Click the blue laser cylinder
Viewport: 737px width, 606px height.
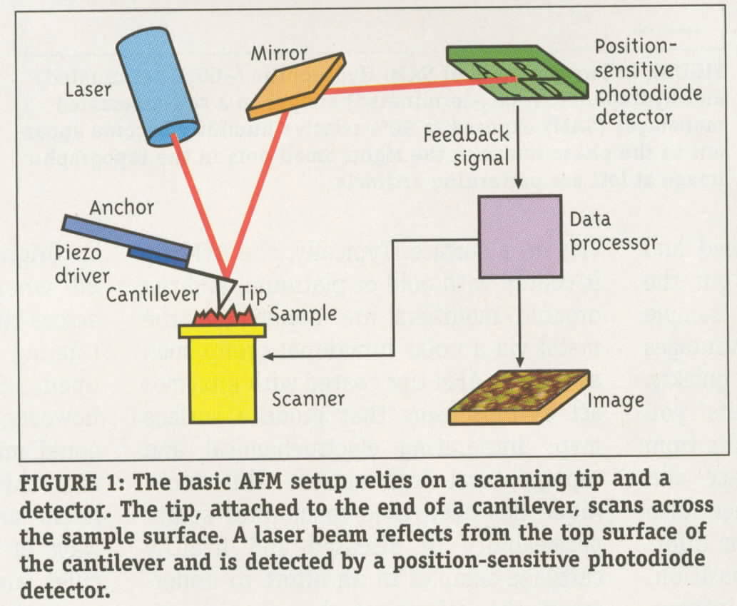(x=158, y=85)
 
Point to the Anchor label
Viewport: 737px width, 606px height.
(x=122, y=208)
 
